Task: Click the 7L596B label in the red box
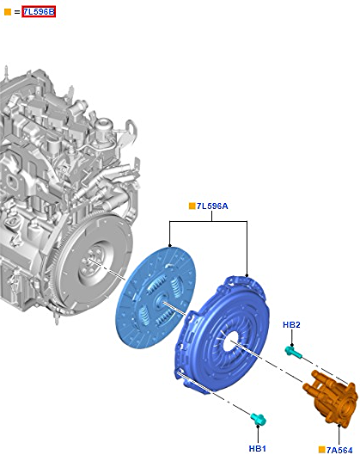39,12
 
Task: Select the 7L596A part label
212,206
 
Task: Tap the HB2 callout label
291,325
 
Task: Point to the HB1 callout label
258,448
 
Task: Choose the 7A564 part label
339,450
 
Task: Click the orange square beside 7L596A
192,206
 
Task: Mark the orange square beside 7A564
321,450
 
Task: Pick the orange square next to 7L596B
8,12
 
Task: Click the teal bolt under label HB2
293,351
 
